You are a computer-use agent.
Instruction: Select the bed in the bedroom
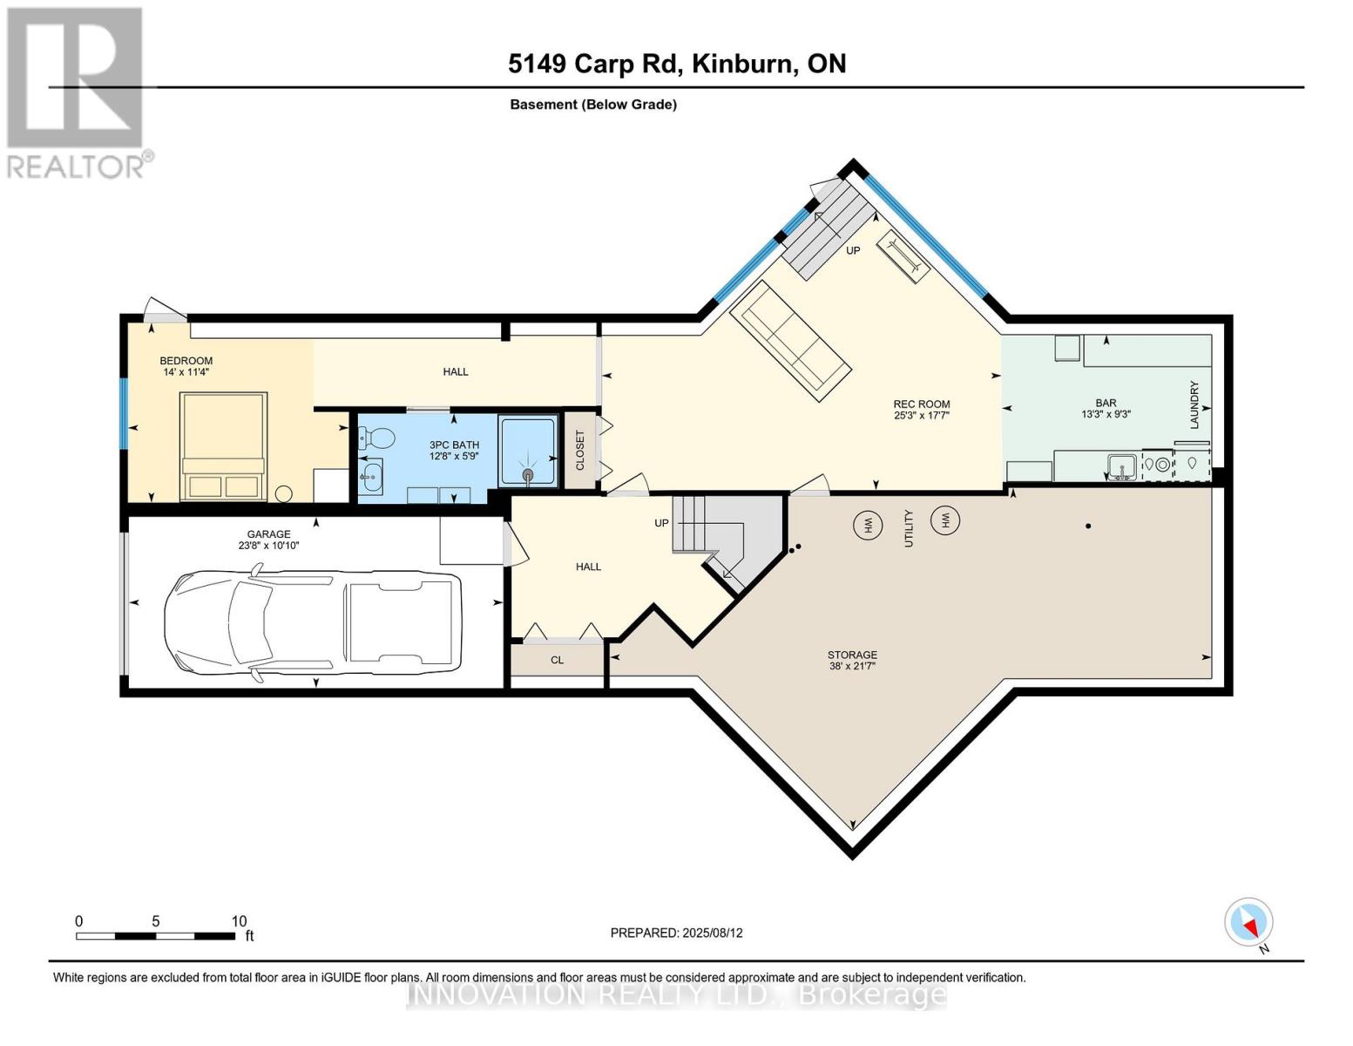coord(223,446)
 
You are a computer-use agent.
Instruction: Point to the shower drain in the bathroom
coord(527,474)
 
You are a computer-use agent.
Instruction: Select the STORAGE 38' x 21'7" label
coord(852,660)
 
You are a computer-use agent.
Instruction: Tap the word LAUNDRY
coord(1194,404)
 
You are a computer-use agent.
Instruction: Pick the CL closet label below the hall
coord(557,660)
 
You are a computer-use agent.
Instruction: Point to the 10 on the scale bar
coord(239,921)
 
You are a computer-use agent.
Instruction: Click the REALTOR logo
coord(78,92)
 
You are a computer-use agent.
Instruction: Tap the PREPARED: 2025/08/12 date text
coord(676,933)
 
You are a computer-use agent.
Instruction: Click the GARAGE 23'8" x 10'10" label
coord(268,540)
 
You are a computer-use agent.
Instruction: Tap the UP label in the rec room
coord(853,250)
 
